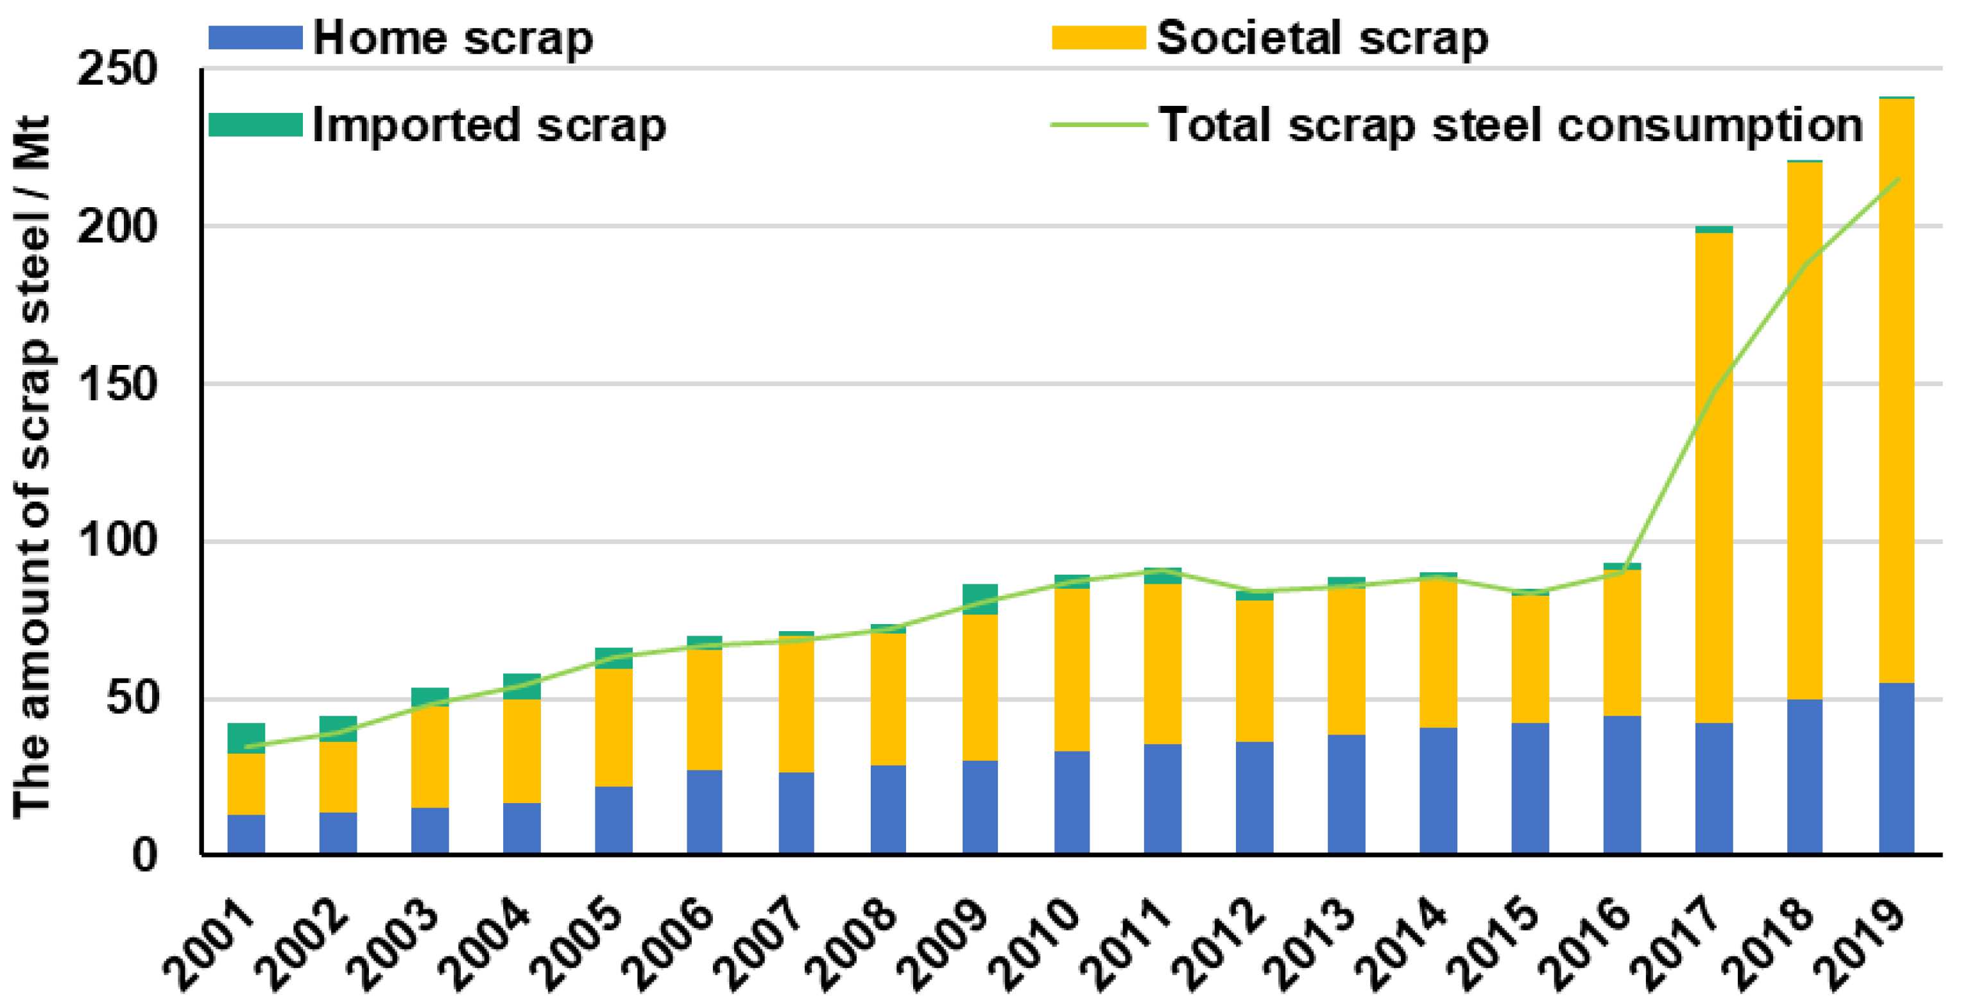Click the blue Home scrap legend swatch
(255, 37)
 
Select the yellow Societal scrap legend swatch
(1098, 37)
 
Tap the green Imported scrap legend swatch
(255, 125)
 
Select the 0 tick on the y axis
(145, 854)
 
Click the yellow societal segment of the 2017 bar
(1713, 476)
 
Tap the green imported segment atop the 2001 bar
(246, 738)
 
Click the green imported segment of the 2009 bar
(979, 598)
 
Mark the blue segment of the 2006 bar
(704, 811)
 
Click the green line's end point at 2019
(1897, 179)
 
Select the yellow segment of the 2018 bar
(1804, 430)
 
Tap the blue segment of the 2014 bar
(1438, 790)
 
